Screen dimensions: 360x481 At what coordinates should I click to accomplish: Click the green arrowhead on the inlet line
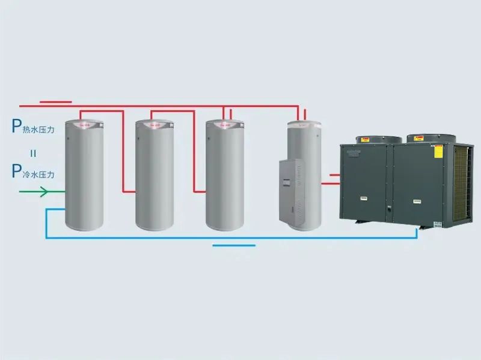tap(43, 192)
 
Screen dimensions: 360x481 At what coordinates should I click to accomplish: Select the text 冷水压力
tap(40, 174)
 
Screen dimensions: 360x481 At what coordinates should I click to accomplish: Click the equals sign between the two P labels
tap(33, 153)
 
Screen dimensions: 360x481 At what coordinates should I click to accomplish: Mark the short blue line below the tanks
tap(234, 245)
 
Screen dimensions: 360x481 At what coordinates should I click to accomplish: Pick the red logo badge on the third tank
tap(226, 125)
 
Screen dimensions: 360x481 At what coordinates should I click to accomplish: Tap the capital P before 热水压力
tap(16, 126)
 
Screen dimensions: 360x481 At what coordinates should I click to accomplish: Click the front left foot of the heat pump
tap(359, 221)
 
